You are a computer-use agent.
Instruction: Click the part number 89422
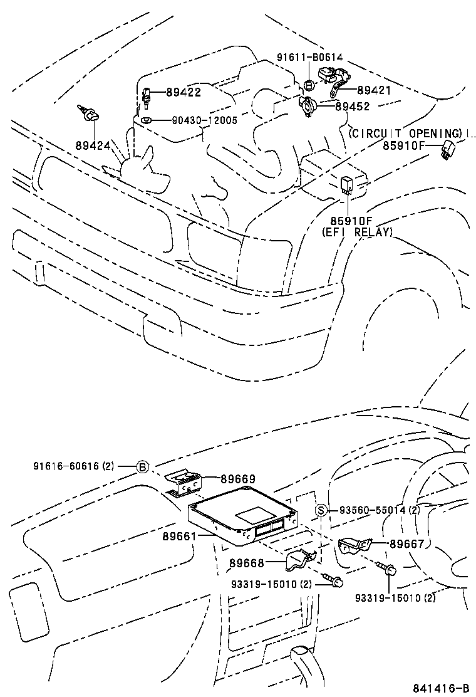(x=183, y=92)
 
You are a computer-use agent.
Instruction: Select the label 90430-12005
(x=202, y=120)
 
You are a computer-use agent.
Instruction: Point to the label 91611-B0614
(x=309, y=57)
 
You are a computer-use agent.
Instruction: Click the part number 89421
(x=373, y=90)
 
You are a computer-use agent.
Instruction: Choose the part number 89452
(x=352, y=107)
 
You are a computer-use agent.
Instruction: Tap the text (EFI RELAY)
(x=357, y=232)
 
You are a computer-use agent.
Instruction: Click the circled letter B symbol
(x=142, y=467)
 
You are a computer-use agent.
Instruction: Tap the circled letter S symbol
(x=320, y=510)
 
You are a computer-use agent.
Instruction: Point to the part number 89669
(x=237, y=479)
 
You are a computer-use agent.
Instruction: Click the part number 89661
(x=180, y=536)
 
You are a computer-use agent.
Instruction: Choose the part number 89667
(x=407, y=544)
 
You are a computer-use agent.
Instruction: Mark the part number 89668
(x=246, y=563)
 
